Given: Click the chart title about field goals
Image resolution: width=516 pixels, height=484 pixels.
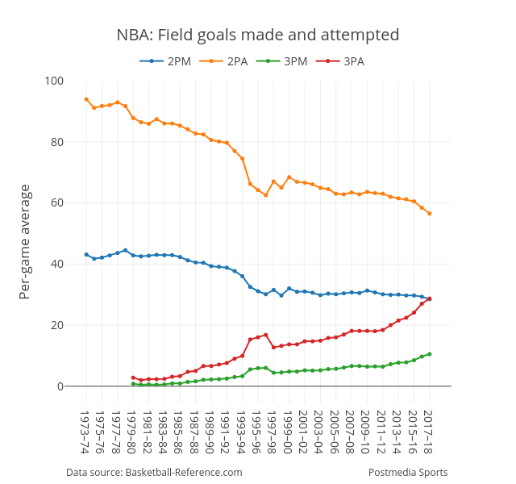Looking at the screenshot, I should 258,35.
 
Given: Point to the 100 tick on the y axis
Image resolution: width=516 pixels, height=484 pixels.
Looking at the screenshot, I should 55,81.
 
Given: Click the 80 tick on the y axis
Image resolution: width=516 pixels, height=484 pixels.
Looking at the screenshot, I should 57,142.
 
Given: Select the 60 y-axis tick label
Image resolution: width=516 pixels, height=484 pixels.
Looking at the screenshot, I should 57,202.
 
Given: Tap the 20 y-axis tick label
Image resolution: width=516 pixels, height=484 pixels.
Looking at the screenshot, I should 57,325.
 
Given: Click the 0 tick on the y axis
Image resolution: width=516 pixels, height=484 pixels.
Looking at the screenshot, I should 60,386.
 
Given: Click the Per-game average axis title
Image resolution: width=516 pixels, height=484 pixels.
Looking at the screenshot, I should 25,242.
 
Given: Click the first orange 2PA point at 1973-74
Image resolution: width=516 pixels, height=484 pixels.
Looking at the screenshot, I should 86,99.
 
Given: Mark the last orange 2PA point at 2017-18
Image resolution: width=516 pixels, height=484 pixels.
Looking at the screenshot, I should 430,214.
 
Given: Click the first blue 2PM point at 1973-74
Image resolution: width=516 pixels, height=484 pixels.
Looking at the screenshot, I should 86,255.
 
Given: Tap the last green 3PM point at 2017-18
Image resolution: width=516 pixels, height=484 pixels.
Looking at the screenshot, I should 430,354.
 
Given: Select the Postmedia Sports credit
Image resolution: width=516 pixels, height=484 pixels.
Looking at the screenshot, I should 408,473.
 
